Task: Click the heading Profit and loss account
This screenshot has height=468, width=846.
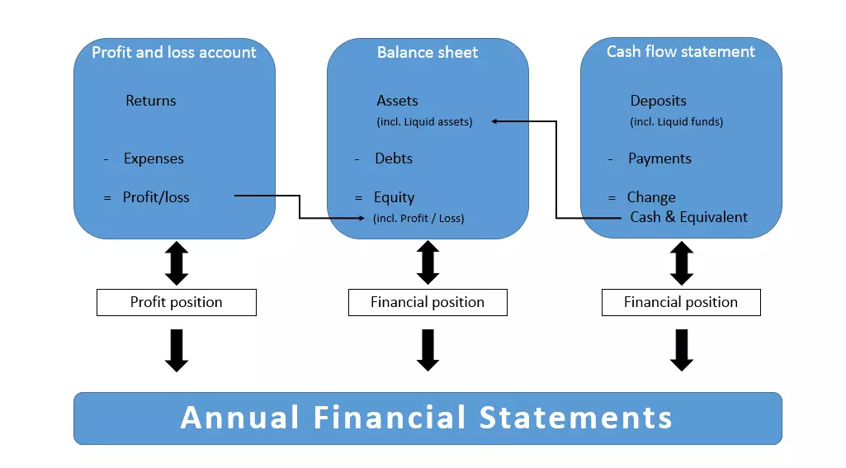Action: coord(174,53)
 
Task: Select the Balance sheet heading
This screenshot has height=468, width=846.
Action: coord(428,53)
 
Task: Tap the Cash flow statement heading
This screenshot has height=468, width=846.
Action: coord(681,52)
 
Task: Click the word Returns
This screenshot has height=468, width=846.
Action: coord(151,101)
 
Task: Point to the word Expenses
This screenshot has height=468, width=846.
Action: coord(154,158)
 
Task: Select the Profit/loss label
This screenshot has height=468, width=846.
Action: coord(156,197)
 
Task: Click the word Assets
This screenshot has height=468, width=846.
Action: coord(397,101)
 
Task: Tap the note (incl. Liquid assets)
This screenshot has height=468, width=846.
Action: coord(424,122)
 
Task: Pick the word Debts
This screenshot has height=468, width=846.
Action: coord(394,158)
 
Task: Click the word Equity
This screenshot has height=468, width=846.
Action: coord(394,197)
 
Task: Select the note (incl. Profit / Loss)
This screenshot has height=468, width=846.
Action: coord(418,219)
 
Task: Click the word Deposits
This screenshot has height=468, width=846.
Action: coord(658,101)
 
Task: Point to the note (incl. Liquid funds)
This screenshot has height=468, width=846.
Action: coord(676,122)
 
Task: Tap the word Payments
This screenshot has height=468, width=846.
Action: coord(659,158)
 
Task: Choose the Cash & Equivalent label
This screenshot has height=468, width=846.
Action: coord(688,217)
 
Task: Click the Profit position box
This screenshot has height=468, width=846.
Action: coord(177,302)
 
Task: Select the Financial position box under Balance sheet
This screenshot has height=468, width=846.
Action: coord(428,302)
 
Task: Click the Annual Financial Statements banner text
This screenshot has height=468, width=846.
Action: coord(427,418)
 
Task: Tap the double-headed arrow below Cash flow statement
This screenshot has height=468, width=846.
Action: coord(681,263)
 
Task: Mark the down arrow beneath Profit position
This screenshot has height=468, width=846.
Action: coord(177,350)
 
